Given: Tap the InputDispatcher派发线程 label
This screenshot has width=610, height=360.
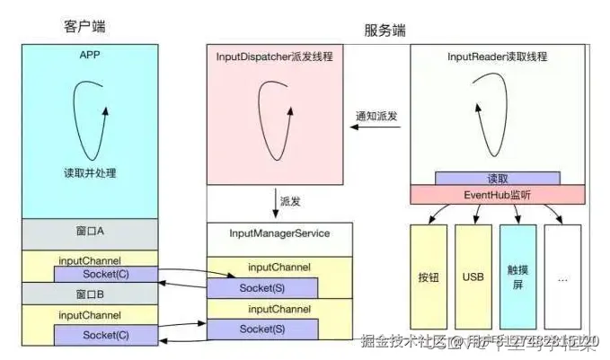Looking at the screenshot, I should [x=273, y=56].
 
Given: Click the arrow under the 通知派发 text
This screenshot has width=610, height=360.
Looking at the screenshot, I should [x=377, y=128].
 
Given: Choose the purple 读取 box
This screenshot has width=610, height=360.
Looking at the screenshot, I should [x=497, y=178].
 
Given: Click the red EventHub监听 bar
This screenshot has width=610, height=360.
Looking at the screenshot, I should [x=497, y=194].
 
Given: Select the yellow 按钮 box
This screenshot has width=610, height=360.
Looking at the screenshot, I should [x=428, y=277].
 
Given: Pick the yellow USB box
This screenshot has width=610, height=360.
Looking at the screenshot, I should [x=473, y=277].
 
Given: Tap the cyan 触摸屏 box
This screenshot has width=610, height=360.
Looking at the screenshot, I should [x=517, y=277].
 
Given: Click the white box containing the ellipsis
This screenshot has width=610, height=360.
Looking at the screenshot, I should [x=562, y=277].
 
